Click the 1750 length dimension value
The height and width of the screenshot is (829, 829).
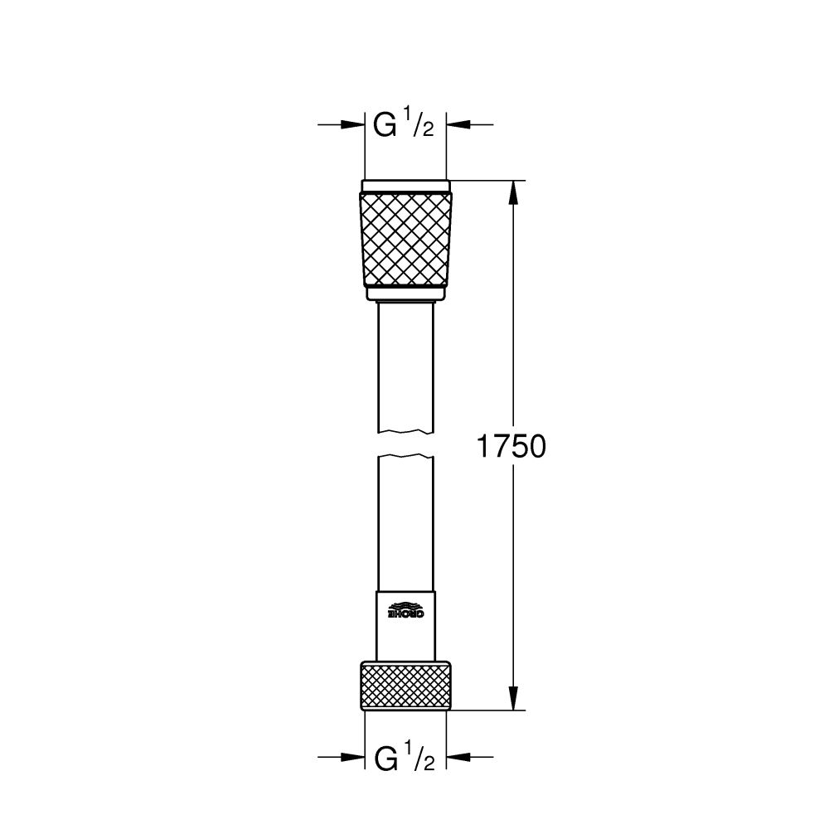tap(510, 448)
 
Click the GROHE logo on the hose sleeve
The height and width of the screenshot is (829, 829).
tap(406, 610)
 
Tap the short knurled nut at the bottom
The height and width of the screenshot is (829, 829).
tap(406, 686)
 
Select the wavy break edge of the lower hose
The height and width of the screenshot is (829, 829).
tap(406, 456)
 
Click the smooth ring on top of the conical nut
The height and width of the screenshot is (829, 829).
tap(406, 186)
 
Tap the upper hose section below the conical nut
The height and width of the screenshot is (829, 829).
tap(406, 365)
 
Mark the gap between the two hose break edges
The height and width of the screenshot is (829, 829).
tap(406, 444)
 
